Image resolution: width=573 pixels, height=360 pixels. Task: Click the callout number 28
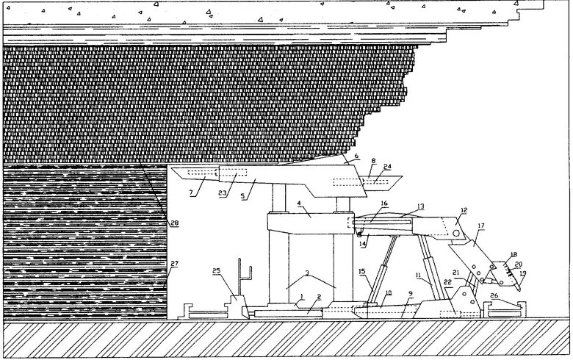coord(174,223)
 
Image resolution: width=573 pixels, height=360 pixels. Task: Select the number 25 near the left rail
coord(215,272)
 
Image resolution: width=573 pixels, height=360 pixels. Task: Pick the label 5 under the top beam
coord(254,199)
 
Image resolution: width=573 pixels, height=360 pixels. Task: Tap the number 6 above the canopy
coord(357,156)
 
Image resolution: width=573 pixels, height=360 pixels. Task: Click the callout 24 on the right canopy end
coord(388,167)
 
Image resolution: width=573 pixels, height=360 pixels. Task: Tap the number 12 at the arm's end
coord(464,210)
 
